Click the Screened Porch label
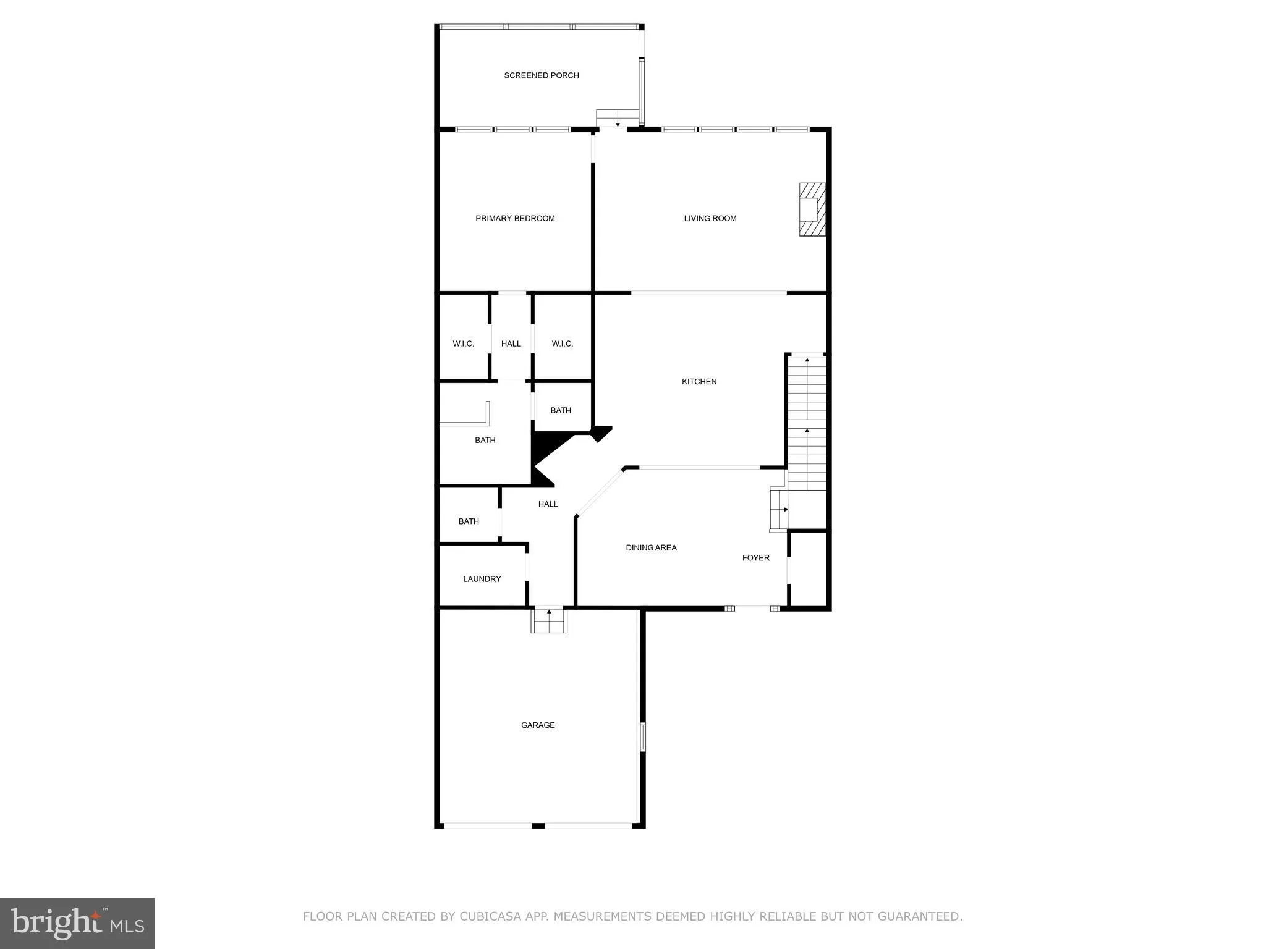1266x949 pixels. click(x=541, y=75)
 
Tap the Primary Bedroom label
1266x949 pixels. click(x=515, y=218)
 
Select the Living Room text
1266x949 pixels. click(x=710, y=218)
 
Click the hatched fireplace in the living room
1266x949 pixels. click(x=812, y=209)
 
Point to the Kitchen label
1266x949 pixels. click(x=699, y=382)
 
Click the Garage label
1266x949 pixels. click(x=538, y=725)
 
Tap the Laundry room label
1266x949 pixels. click(x=482, y=579)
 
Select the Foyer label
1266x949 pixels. click(x=755, y=558)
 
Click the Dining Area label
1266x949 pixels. click(x=651, y=547)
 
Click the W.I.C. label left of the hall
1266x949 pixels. click(x=463, y=344)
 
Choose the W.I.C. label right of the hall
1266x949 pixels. click(x=562, y=344)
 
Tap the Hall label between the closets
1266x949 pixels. click(x=511, y=344)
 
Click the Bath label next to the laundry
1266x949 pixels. click(x=469, y=521)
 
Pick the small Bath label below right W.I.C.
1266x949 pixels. click(x=561, y=410)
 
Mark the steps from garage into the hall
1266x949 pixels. click(x=549, y=620)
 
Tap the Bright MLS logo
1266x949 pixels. click(x=77, y=923)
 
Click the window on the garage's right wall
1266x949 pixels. click(x=642, y=736)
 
